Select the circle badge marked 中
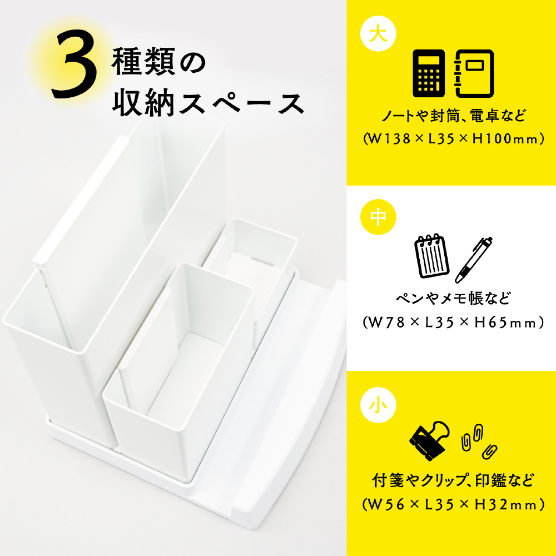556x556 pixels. (378, 217)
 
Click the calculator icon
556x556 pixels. (428, 73)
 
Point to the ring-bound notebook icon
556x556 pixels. (474, 73)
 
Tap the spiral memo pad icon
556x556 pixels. (431, 256)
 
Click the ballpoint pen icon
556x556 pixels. (473, 260)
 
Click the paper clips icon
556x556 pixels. (478, 441)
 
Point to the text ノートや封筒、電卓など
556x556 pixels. (454, 116)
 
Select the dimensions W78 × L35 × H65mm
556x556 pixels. (454, 322)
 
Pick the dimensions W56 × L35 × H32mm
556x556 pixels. (454, 505)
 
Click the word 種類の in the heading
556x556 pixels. (158, 63)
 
